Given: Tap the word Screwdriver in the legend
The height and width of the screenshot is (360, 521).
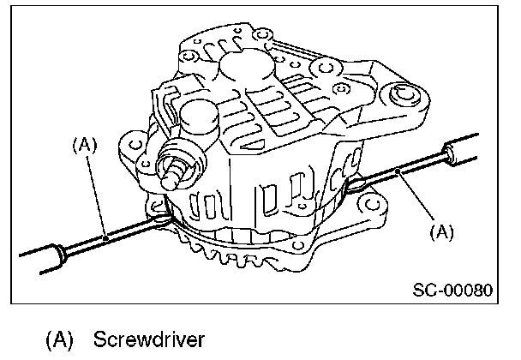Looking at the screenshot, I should [149, 339].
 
